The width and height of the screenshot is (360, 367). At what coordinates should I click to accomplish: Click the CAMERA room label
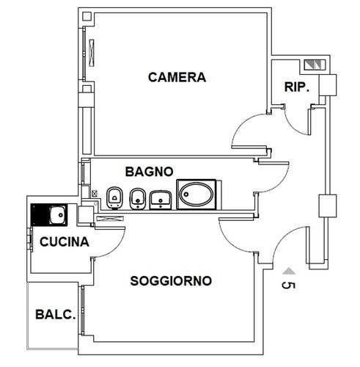pyautogui.click(x=177, y=77)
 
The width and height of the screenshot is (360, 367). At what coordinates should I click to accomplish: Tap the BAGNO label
pyautogui.click(x=150, y=172)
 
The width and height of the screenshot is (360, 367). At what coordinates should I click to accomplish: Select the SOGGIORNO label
pyautogui.click(x=171, y=281)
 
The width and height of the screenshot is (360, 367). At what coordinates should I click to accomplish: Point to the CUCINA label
pyautogui.click(x=65, y=242)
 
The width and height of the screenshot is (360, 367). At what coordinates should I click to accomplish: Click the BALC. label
pyautogui.click(x=56, y=315)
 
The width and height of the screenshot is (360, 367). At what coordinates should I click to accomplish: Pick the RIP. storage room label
pyautogui.click(x=297, y=87)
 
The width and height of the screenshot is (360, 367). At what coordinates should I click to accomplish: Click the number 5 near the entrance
pyautogui.click(x=288, y=286)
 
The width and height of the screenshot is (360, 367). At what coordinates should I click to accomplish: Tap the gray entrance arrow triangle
pyautogui.click(x=289, y=271)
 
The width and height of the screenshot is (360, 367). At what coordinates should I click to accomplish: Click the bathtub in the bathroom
pyautogui.click(x=196, y=195)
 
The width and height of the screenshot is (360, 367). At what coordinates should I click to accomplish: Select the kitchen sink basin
pyautogui.click(x=58, y=215)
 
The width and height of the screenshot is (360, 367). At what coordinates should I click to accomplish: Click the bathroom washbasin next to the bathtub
pyautogui.click(x=161, y=200)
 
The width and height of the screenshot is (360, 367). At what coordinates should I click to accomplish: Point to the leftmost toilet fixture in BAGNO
pyautogui.click(x=114, y=198)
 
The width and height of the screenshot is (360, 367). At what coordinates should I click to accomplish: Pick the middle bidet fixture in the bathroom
pyautogui.click(x=138, y=199)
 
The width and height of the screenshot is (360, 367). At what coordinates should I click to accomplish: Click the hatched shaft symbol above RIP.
pyautogui.click(x=315, y=65)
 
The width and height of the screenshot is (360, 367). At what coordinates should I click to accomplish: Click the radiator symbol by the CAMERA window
pyautogui.click(x=92, y=53)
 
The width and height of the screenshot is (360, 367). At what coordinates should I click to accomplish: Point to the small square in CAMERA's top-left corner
pyautogui.click(x=87, y=16)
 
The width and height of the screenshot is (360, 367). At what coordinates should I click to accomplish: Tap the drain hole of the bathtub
pyautogui.click(x=186, y=195)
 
